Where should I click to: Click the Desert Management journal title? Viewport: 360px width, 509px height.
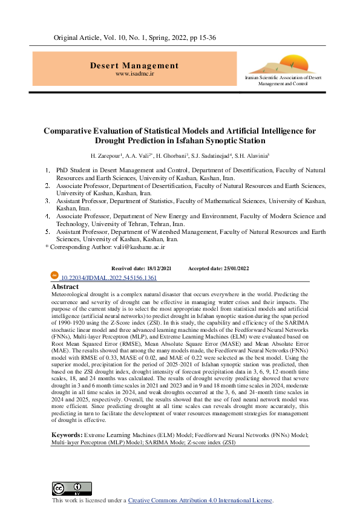(134, 65)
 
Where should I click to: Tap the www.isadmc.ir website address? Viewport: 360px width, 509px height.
(134, 73)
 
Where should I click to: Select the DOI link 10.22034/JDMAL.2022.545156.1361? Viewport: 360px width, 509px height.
(109, 277)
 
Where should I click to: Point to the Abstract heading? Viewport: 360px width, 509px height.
(65, 287)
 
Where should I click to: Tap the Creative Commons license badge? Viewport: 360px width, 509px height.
(71, 488)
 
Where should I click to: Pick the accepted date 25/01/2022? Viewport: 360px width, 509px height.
(234, 268)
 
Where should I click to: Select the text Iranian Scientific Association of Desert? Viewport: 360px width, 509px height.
(283, 79)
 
